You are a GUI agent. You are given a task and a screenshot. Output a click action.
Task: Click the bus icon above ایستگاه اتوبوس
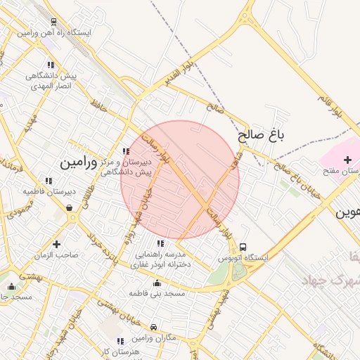(243, 247)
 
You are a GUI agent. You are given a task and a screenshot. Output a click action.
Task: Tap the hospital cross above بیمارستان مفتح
(347, 160)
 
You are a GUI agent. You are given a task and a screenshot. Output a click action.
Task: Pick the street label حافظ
(99, 106)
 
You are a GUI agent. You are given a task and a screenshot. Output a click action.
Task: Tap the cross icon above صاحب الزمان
(56, 243)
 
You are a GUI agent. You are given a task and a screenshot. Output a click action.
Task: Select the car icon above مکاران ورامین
(153, 327)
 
